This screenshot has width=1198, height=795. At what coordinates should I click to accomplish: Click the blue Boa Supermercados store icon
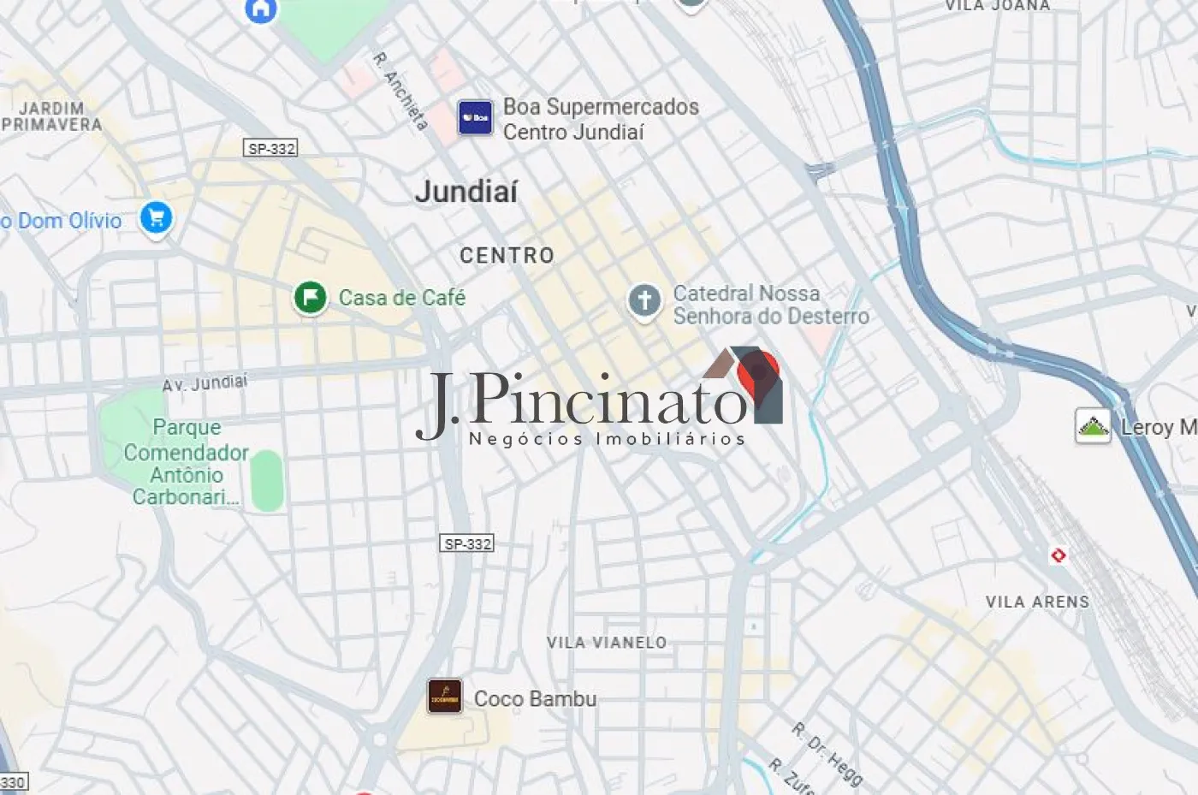pyautogui.click(x=475, y=117)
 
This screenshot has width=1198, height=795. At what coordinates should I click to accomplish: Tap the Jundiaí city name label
pyautogui.click(x=466, y=191)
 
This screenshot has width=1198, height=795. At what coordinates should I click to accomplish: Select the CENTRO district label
pyautogui.click(x=507, y=255)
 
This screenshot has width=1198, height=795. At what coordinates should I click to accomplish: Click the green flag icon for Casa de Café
pyautogui.click(x=310, y=298)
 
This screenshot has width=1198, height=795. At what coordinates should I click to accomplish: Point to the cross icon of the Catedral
pyautogui.click(x=644, y=300)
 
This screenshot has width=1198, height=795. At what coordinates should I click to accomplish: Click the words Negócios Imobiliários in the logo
pyautogui.click(x=607, y=439)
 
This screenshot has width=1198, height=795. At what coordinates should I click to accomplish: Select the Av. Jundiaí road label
pyautogui.click(x=205, y=382)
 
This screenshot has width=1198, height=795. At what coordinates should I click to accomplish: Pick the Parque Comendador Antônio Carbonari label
pyautogui.click(x=186, y=462)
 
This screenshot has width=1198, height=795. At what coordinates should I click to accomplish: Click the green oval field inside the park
pyautogui.click(x=267, y=480)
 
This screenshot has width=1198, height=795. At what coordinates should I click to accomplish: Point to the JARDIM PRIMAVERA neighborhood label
pyautogui.click(x=51, y=116)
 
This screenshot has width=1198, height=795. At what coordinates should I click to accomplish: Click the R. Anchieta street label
pyautogui.click(x=400, y=91)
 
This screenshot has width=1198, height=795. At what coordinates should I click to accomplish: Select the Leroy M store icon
pyautogui.click(x=1093, y=426)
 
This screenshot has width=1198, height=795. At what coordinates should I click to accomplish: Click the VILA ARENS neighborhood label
pyautogui.click(x=1037, y=602)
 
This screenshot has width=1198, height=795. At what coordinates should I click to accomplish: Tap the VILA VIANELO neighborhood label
pyautogui.click(x=607, y=642)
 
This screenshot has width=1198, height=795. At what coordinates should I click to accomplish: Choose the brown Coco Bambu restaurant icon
pyautogui.click(x=445, y=697)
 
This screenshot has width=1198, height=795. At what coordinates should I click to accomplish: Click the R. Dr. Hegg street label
pyautogui.click(x=827, y=753)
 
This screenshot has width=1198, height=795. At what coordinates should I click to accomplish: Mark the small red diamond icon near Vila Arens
pyautogui.click(x=1059, y=555)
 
